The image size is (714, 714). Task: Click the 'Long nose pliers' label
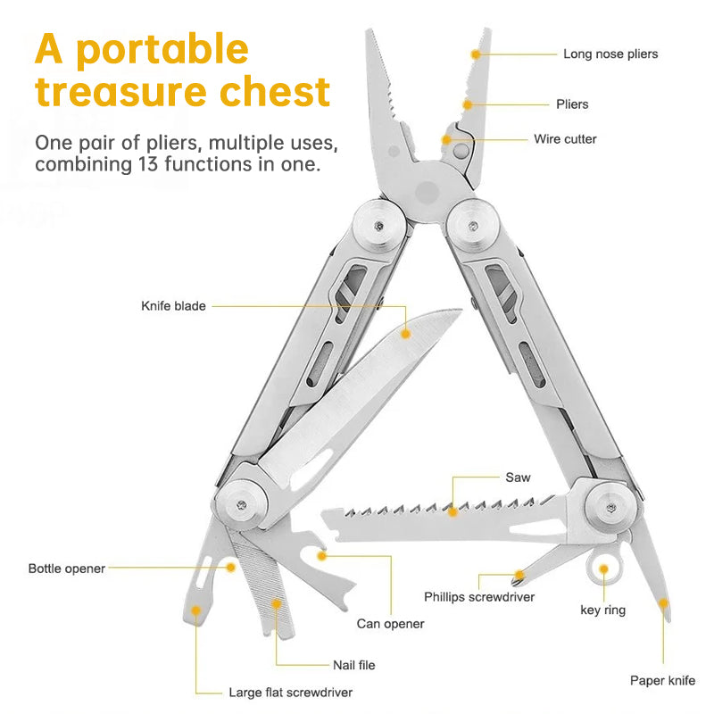[610, 54]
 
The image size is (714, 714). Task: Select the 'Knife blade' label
[173, 306]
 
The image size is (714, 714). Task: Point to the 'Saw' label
[518, 477]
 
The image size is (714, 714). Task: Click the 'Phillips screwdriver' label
[479, 596]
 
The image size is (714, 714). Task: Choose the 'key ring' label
[603, 610]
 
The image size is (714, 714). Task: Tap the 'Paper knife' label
[662, 680]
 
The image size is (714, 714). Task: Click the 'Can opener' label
[390, 624]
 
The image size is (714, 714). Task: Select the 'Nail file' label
[353, 665]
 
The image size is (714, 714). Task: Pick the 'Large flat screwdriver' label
[291, 692]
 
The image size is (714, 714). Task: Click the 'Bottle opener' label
[67, 568]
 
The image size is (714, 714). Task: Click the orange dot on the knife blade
[405, 333]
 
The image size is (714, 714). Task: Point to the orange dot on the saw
[454, 511]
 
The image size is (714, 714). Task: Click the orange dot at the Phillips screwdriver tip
[519, 575]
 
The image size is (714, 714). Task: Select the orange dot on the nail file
[276, 604]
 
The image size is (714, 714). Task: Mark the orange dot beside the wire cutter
[446, 140]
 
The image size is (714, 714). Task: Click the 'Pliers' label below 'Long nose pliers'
[572, 104]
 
